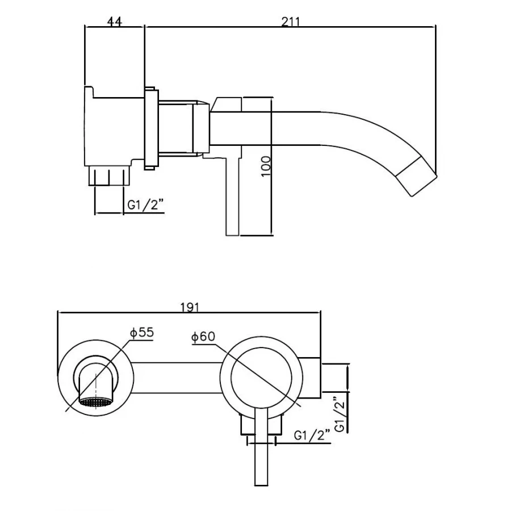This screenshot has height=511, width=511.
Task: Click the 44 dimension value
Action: click(114, 22)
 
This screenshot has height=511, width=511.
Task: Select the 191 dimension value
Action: click(190, 307)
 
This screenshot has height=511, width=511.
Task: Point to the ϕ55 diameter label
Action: click(141, 333)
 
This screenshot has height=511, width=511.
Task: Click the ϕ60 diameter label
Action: click(203, 337)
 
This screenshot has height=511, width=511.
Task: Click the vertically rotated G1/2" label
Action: click(340, 413)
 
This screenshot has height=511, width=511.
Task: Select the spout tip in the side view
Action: click(419, 176)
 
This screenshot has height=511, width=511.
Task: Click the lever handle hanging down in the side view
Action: click(233, 196)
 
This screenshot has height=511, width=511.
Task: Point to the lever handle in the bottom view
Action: click(261, 454)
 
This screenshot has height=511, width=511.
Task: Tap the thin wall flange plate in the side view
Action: click(150, 128)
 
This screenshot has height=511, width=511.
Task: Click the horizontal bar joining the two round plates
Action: click(176, 377)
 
